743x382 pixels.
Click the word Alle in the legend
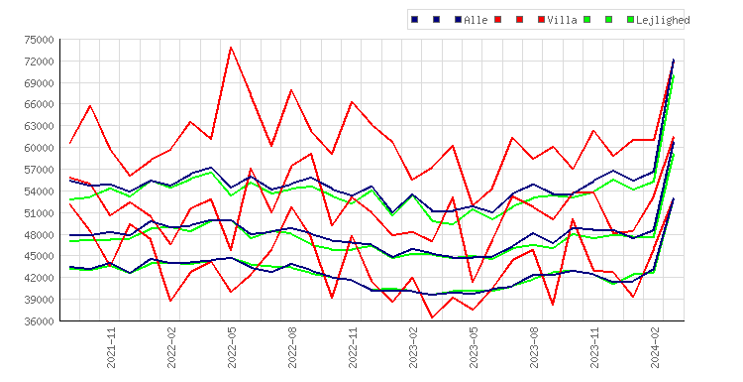point(476,20)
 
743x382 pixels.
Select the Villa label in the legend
point(562,20)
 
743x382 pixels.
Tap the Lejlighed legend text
point(663,20)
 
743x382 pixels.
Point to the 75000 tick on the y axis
point(39,40)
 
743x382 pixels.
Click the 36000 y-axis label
point(39,321)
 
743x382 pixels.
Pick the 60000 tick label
point(39,148)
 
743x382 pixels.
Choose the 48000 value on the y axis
point(39,235)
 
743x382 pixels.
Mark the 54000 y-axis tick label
point(39,191)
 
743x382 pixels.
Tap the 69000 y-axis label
point(39,83)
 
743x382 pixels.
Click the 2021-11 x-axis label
point(111,348)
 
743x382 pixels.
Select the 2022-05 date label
point(232,348)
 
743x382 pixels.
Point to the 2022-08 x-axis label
point(292,348)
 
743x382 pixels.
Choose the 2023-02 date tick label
point(413,348)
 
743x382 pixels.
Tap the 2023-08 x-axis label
point(534,348)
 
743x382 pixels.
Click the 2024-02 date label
point(655,348)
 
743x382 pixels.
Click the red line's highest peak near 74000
point(231,47)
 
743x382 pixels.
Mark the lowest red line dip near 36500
point(432,318)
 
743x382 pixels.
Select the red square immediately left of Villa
point(541,20)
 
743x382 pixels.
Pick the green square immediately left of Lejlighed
point(630,20)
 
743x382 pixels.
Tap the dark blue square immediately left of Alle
point(459,20)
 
